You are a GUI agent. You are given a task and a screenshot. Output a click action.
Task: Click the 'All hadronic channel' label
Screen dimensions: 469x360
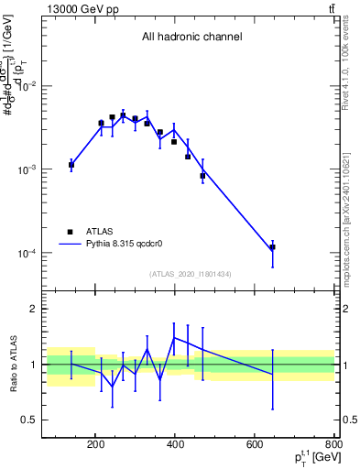click(191, 38)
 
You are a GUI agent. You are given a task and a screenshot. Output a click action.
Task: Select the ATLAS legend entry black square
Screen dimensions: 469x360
click(70, 233)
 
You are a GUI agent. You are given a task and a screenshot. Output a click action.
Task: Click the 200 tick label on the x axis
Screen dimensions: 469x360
click(95, 445)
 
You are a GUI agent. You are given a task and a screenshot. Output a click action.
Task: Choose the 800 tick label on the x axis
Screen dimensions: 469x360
click(333, 445)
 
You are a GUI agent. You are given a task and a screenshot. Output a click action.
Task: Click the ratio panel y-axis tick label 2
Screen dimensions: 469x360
click(36, 310)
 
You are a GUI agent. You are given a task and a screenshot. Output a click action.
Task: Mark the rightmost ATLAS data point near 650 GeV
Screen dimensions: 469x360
click(273, 247)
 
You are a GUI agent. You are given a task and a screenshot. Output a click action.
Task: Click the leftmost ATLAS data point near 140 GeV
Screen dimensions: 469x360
click(71, 165)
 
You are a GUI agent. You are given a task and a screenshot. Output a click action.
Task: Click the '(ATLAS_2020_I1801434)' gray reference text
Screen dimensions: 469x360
click(191, 274)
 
